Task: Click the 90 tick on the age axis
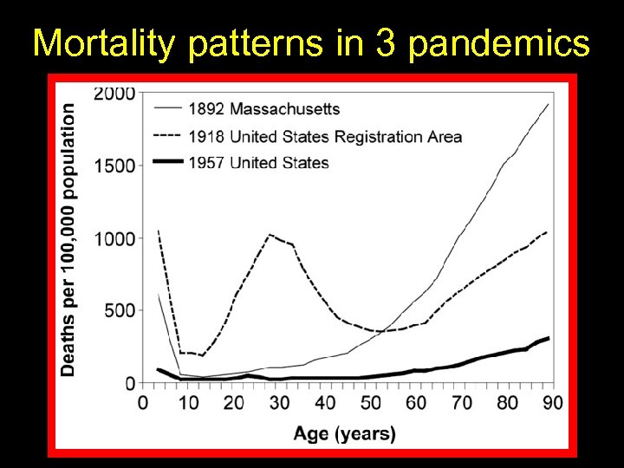[x=553, y=403]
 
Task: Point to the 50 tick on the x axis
[x=371, y=403]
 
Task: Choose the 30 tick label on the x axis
[x=280, y=403]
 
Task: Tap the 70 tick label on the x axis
[x=462, y=403]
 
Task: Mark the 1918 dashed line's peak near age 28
[x=271, y=234]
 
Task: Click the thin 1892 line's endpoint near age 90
[x=549, y=104]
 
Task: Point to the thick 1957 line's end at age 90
[x=549, y=338]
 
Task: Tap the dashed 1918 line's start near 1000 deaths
[x=158, y=231]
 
